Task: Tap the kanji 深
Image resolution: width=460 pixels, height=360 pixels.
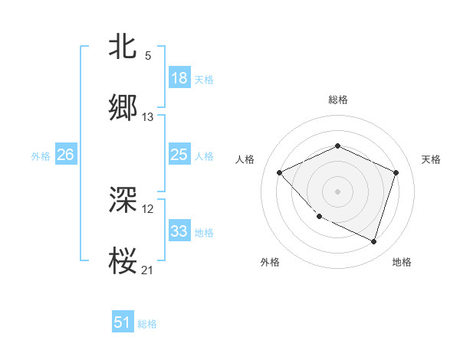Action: (123, 200)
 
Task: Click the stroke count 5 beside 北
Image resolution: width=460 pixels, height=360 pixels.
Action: (148, 56)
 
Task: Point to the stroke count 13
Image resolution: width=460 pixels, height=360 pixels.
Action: (148, 117)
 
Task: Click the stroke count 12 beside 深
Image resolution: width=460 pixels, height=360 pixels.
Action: (148, 209)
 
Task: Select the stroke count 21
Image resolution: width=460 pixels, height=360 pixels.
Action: (148, 270)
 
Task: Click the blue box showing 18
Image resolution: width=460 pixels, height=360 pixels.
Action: (179, 78)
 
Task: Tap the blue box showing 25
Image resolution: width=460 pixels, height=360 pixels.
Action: (179, 155)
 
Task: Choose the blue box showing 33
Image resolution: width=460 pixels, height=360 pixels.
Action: (179, 231)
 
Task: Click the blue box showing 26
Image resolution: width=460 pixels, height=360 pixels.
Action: (65, 155)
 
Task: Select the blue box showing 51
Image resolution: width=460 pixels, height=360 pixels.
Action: (123, 322)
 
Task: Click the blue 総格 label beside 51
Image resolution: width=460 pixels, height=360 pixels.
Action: (147, 324)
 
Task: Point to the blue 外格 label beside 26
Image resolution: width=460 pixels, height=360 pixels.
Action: (40, 156)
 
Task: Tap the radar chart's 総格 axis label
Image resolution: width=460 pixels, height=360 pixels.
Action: (337, 100)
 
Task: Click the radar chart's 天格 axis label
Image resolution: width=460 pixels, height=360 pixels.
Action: (431, 159)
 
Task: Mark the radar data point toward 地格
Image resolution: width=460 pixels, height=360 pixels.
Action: (373, 241)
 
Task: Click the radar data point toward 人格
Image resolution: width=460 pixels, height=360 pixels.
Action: (280, 173)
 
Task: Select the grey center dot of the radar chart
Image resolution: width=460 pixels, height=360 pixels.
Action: (337, 191)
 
